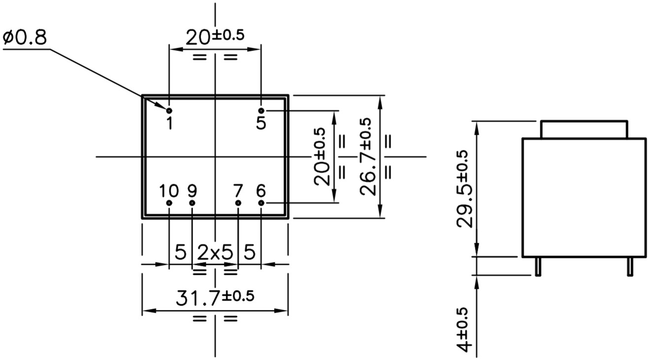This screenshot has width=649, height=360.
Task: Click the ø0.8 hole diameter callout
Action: click(26, 37)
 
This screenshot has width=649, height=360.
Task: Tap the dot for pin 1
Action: click(169, 110)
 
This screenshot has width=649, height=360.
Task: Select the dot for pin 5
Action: click(261, 110)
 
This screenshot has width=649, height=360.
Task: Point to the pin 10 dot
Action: click(169, 203)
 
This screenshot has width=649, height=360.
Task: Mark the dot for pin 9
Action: click(192, 203)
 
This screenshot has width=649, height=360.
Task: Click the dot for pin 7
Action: click(238, 203)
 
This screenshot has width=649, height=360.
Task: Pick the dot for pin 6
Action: click(261, 203)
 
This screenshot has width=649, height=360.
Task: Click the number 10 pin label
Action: click(169, 190)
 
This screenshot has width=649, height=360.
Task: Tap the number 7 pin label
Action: click(238, 190)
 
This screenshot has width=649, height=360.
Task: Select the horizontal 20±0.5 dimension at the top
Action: click(215, 36)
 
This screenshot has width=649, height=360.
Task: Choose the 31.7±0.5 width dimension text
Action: click(215, 298)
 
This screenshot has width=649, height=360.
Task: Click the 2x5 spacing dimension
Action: click(215, 253)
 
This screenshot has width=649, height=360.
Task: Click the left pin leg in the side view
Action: click(538, 266)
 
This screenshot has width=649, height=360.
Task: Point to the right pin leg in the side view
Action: click(629, 266)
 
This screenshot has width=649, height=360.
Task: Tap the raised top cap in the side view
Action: click(584, 129)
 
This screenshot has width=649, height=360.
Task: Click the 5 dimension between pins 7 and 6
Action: click(250, 253)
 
